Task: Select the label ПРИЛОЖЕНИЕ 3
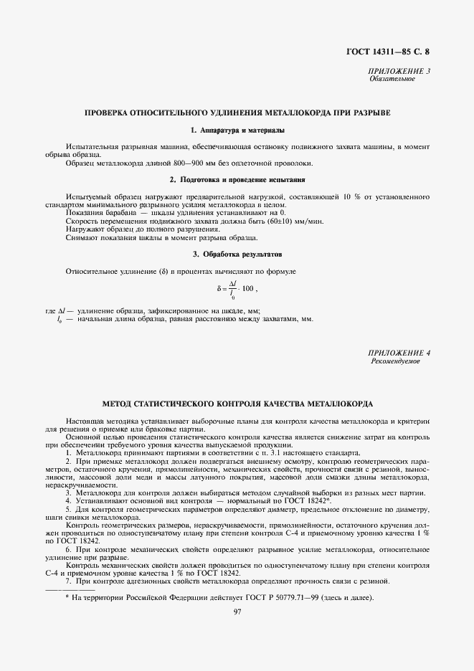coord(399,71)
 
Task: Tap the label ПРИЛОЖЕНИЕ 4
coord(399,353)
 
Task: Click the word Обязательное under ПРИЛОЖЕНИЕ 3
coord(392,79)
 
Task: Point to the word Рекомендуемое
coord(396,361)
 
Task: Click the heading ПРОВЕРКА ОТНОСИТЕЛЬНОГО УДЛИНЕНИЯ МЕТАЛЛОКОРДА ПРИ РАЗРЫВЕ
coord(237,113)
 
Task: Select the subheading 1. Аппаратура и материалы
coord(237,130)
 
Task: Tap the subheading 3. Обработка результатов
coord(237,254)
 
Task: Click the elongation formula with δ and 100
coord(237,289)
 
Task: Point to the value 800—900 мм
coord(190,163)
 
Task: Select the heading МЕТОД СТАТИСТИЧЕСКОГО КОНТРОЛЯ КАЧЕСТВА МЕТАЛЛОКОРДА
coord(237,404)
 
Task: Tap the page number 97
coord(237,611)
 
